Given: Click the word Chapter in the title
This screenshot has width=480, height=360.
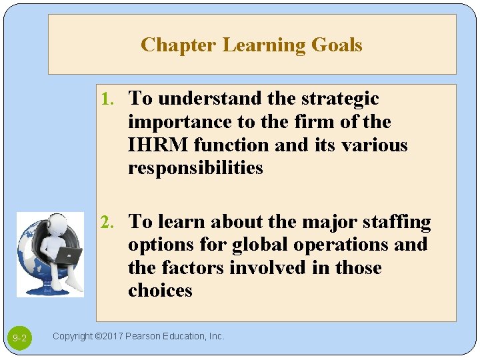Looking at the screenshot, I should (x=178, y=45).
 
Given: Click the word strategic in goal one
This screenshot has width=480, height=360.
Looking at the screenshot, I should (x=341, y=99).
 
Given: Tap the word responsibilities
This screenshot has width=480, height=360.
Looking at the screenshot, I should (x=195, y=168).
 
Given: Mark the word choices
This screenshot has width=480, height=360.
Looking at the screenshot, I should (x=160, y=291).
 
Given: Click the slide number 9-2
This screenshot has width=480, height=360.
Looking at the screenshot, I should (x=19, y=339).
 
